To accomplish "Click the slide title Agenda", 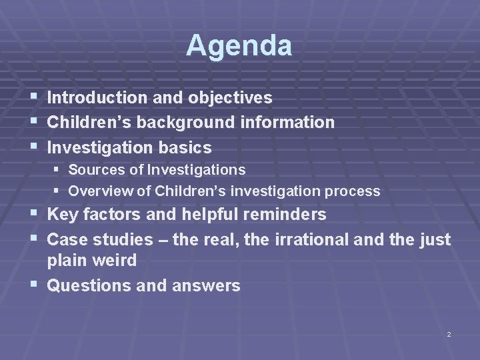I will click(x=239, y=46).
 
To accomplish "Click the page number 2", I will click(x=449, y=333).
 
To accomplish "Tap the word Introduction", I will click(x=97, y=98).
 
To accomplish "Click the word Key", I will click(x=63, y=215).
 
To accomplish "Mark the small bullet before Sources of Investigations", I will click(x=57, y=170).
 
